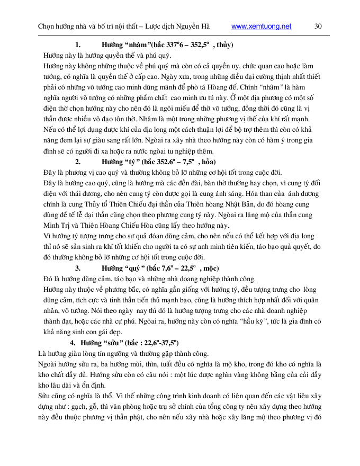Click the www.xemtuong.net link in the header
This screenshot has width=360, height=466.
point(262,26)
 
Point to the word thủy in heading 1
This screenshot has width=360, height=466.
point(224,44)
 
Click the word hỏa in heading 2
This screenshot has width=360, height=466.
point(205,162)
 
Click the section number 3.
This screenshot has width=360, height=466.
point(77,268)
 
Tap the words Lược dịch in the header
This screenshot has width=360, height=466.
point(155,26)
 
